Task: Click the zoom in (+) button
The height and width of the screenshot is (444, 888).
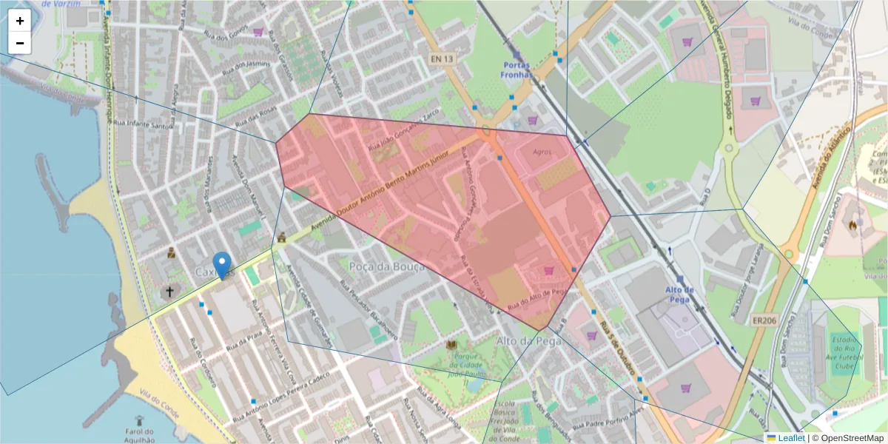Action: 20,21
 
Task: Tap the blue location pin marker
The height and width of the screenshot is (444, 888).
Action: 221,265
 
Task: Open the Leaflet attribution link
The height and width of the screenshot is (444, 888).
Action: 785,438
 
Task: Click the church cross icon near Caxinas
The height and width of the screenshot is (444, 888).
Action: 169,292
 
